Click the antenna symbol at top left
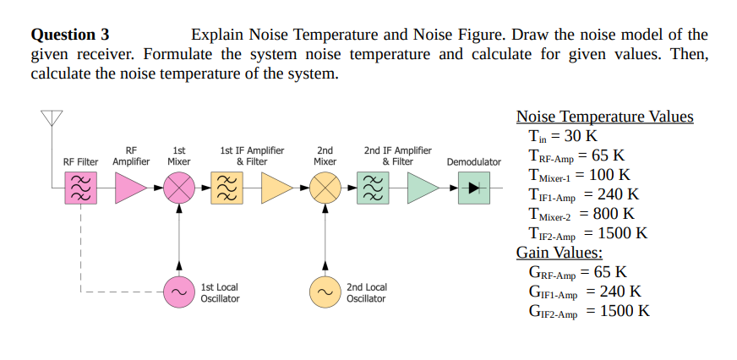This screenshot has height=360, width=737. click(x=52, y=118)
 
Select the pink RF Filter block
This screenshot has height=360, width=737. click(x=80, y=188)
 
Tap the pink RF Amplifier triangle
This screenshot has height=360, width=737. click(x=130, y=188)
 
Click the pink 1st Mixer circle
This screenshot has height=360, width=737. click(x=177, y=188)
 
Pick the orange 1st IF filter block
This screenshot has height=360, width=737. click(x=226, y=188)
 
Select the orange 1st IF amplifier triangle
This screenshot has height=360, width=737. click(x=276, y=188)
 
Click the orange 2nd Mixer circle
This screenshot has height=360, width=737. click(x=325, y=188)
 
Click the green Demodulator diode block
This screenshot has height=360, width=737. click(x=473, y=188)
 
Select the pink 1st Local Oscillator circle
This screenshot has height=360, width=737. click(x=177, y=292)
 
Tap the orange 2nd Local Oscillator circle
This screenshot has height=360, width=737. click(x=325, y=292)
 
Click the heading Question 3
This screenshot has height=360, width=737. click(x=70, y=35)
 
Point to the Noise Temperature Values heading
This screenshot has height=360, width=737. click(x=604, y=117)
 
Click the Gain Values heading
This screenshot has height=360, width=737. click(x=560, y=253)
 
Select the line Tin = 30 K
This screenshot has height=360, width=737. click(x=562, y=136)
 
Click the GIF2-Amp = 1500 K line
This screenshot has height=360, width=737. click(x=589, y=311)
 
